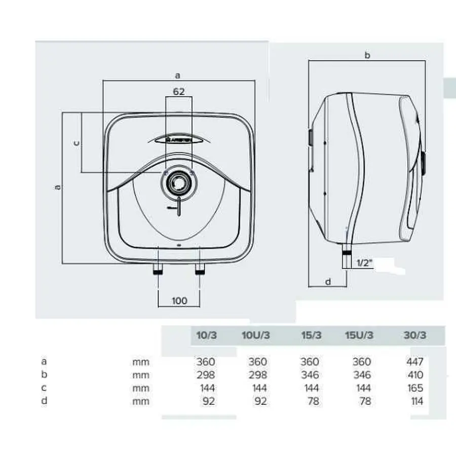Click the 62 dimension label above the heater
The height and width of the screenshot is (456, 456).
click(179, 91)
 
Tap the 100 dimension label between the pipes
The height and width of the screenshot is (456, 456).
click(179, 300)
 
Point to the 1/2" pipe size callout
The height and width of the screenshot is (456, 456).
click(365, 263)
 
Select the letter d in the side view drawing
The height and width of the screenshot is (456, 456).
click(328, 282)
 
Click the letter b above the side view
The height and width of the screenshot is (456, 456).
click(367, 55)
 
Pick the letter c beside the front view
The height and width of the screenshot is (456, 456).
click(77, 143)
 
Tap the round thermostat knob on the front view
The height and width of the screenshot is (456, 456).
click(179, 182)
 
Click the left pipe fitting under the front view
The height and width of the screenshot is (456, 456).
click(158, 269)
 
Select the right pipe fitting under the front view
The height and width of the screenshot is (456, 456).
click(200, 269)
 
